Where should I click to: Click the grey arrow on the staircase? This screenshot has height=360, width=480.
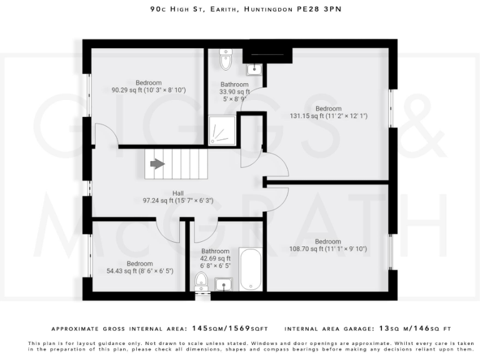[x=155, y=164]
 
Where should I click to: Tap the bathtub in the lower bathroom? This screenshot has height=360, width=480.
[x=251, y=270]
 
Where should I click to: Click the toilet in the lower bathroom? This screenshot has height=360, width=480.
[x=201, y=283]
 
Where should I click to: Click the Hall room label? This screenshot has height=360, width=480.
[x=178, y=197]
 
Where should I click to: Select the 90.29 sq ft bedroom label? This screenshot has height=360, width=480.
[x=149, y=87]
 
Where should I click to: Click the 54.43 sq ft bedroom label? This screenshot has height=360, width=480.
[x=139, y=267]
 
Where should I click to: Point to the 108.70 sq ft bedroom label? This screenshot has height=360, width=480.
[x=327, y=246]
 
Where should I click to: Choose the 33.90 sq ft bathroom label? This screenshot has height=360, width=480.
[x=234, y=92]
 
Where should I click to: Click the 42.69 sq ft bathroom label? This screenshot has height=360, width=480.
[x=215, y=258]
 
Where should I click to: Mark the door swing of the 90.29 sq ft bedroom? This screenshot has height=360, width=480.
[x=104, y=134]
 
